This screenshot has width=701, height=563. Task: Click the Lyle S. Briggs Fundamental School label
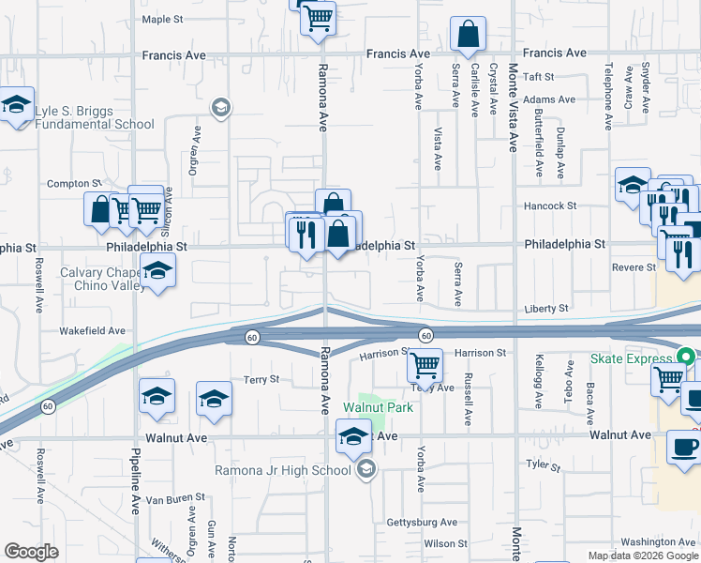(x=95, y=117)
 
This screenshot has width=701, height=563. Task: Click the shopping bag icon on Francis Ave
(x=467, y=35)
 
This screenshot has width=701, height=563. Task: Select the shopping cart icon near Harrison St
(x=425, y=365)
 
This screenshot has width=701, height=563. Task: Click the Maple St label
(x=162, y=19)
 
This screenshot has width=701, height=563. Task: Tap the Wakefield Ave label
(x=92, y=330)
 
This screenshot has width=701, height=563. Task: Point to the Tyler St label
(x=542, y=465)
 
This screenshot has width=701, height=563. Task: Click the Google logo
(x=31, y=552)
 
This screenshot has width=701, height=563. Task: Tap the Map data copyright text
(x=642, y=555)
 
